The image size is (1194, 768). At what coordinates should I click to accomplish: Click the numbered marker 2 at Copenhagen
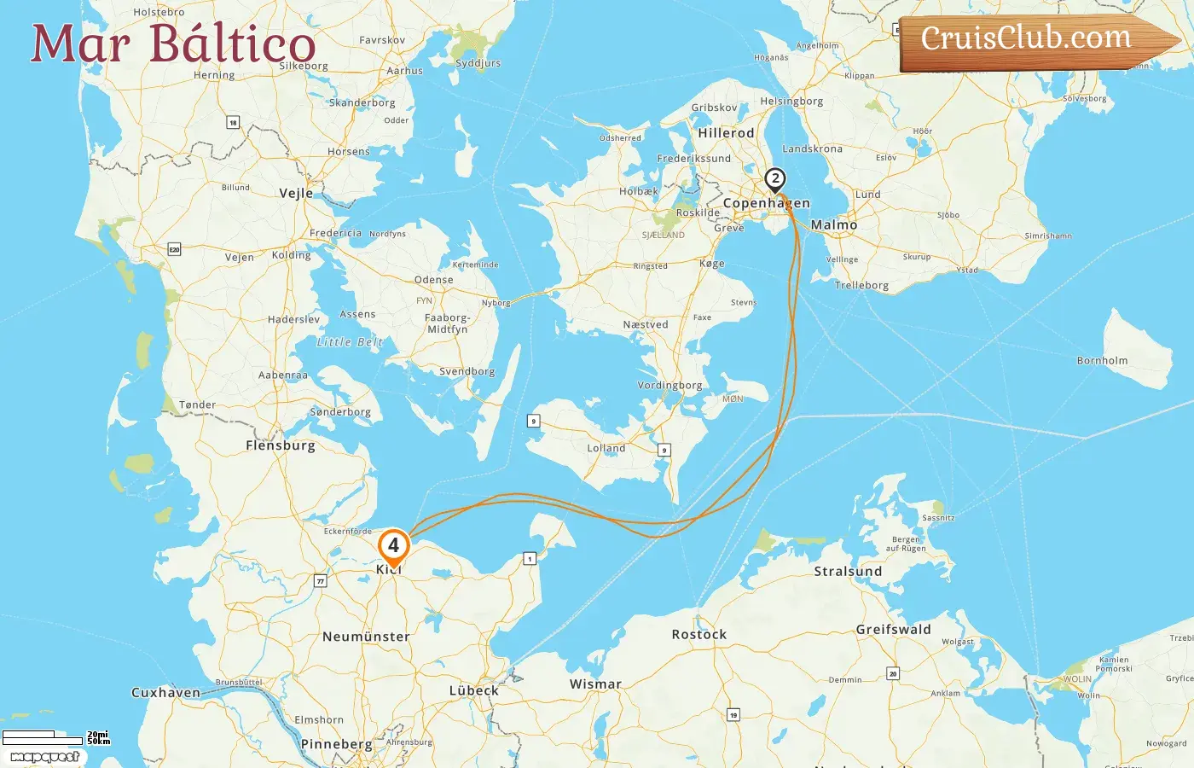(x=774, y=179)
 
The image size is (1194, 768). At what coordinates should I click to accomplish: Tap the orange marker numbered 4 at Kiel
(x=393, y=545)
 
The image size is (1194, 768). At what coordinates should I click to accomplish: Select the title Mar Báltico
(x=173, y=44)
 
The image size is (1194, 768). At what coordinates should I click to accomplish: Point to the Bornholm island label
(x=1102, y=361)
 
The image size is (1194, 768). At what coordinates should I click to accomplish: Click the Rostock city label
(x=698, y=634)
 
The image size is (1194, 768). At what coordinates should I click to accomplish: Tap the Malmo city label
(x=834, y=225)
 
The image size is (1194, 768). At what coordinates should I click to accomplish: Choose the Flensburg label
(x=280, y=445)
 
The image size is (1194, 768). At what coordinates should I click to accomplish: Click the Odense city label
(x=433, y=280)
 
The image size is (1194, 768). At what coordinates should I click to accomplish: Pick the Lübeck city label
(x=474, y=690)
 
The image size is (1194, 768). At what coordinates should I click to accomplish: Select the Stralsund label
(x=848, y=571)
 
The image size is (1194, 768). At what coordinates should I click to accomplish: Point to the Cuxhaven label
(x=165, y=693)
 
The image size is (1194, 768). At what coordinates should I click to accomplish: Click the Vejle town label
(x=296, y=193)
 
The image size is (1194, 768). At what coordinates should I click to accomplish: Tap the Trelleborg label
(x=861, y=286)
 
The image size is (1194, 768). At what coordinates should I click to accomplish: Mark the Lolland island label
(x=606, y=448)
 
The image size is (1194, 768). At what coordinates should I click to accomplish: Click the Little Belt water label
(x=350, y=342)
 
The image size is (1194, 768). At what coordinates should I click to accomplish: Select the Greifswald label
(x=893, y=630)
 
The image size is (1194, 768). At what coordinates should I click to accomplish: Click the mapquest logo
(x=45, y=757)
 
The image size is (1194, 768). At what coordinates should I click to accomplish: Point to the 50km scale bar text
(x=99, y=742)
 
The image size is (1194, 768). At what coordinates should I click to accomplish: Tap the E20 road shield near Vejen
(x=174, y=249)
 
